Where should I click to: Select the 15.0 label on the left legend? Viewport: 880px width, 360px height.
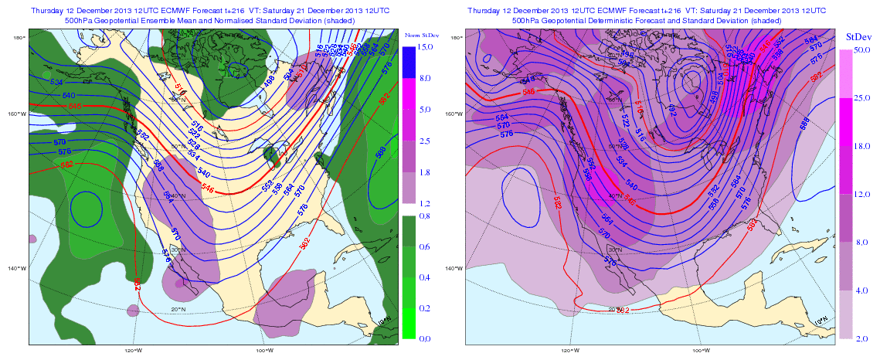point(423,47)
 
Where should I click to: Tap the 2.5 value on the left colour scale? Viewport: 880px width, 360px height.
point(423,141)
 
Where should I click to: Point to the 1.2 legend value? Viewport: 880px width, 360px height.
point(423,203)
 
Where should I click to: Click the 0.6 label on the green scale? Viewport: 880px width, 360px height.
point(423,246)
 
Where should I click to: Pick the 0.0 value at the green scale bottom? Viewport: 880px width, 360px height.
point(423,338)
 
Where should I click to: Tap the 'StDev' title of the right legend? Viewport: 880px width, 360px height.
point(858,36)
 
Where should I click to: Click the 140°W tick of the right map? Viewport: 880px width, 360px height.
point(455,268)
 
